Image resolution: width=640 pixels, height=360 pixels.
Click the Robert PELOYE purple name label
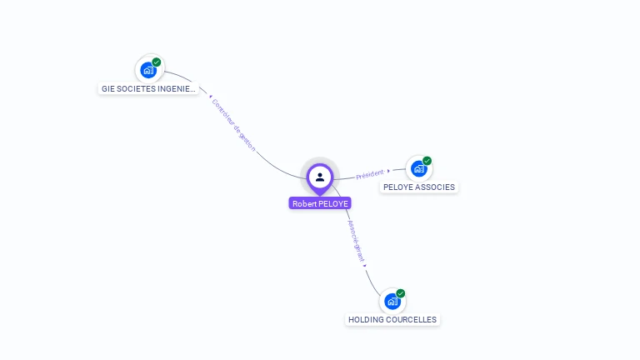pyautogui.click(x=320, y=203)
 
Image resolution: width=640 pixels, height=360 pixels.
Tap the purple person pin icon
pyautogui.click(x=320, y=177)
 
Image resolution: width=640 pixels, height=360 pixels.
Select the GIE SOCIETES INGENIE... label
pyautogui.click(x=148, y=88)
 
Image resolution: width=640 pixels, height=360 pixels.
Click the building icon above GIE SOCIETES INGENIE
pyautogui.click(x=148, y=70)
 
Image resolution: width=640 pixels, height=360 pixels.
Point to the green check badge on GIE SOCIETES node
pyautogui.click(x=157, y=62)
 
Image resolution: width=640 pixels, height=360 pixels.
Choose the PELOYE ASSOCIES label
pyautogui.click(x=418, y=187)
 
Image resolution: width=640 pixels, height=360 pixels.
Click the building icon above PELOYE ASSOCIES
pyautogui.click(x=418, y=168)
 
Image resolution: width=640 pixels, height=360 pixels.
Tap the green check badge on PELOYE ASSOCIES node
pyautogui.click(x=427, y=161)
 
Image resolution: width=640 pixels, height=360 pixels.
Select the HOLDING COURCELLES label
pyautogui.click(x=392, y=320)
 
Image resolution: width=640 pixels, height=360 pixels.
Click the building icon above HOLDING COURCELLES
pyautogui.click(x=392, y=302)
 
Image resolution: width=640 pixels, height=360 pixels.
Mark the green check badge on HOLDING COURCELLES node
pyautogui.click(x=400, y=293)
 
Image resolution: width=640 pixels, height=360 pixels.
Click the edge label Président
pyautogui.click(x=370, y=174)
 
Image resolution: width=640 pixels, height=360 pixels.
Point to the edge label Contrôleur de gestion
pyautogui.click(x=233, y=124)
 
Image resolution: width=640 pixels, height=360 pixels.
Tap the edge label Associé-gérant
pyautogui.click(x=356, y=242)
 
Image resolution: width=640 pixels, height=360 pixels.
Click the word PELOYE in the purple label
pyautogui.click(x=333, y=203)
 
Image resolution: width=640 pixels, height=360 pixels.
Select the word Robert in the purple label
pyautogui.click(x=304, y=203)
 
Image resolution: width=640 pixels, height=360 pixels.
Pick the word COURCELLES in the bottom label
pyautogui.click(x=411, y=320)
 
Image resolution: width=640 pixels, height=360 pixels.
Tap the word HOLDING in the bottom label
pyautogui.click(x=366, y=320)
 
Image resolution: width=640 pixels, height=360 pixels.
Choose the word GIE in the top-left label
pyautogui.click(x=108, y=88)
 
